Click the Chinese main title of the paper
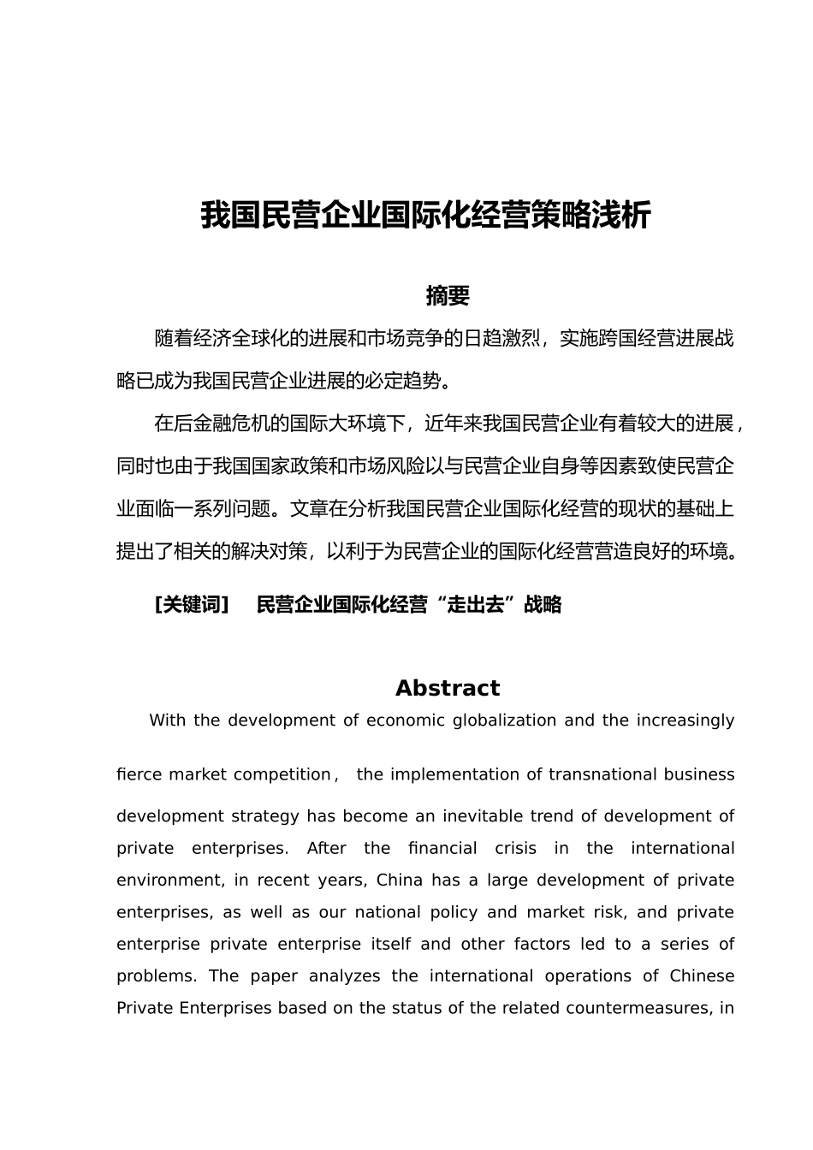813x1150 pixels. click(425, 215)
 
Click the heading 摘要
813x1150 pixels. click(448, 296)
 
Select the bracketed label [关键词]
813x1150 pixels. click(193, 605)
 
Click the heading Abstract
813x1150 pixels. click(448, 689)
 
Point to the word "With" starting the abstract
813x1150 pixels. click(167, 720)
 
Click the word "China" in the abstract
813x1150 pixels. click(400, 880)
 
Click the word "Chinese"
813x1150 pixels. click(702, 976)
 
